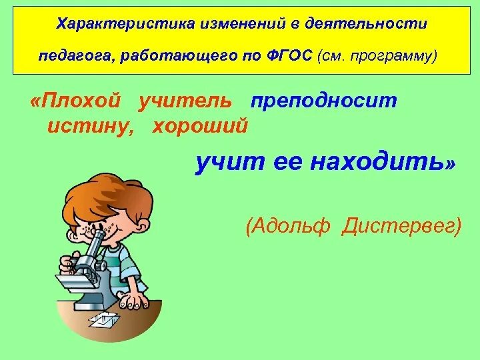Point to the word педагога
click(x=75, y=55)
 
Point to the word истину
click(x=91, y=125)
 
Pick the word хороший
click(x=200, y=125)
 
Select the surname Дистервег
click(x=401, y=226)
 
